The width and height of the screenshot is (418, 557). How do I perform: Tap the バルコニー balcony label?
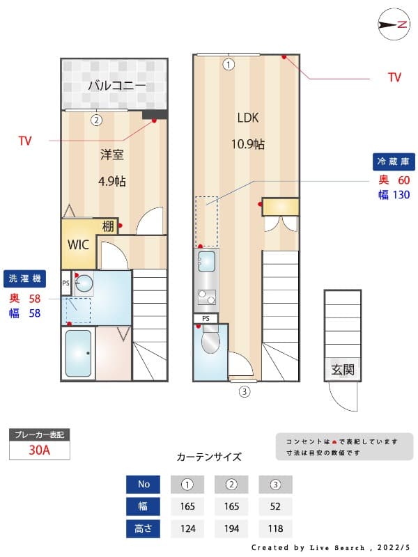[116, 86]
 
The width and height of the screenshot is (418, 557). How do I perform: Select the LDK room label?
[248, 118]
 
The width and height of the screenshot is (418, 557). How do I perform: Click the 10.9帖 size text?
[248, 144]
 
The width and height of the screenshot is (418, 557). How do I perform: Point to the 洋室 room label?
[112, 155]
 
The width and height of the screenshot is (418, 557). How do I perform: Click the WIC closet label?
[77, 245]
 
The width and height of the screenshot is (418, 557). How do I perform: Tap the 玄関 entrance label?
[342, 370]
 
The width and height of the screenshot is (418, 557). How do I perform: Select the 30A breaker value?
[40, 450]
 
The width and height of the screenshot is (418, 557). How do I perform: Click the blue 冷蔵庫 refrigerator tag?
[394, 162]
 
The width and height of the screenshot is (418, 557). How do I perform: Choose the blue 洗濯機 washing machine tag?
[25, 278]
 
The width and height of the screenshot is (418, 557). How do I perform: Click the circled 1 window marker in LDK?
[229, 65]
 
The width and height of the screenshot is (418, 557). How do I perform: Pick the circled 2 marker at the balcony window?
[97, 120]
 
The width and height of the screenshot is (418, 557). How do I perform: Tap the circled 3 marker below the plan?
[245, 391]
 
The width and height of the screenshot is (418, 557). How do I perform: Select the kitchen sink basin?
[206, 262]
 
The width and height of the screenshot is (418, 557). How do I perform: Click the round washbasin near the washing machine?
[84, 283]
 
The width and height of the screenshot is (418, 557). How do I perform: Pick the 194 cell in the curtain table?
[232, 528]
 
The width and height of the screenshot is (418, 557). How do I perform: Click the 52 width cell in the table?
[275, 506]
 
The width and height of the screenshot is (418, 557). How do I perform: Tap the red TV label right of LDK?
[394, 77]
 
